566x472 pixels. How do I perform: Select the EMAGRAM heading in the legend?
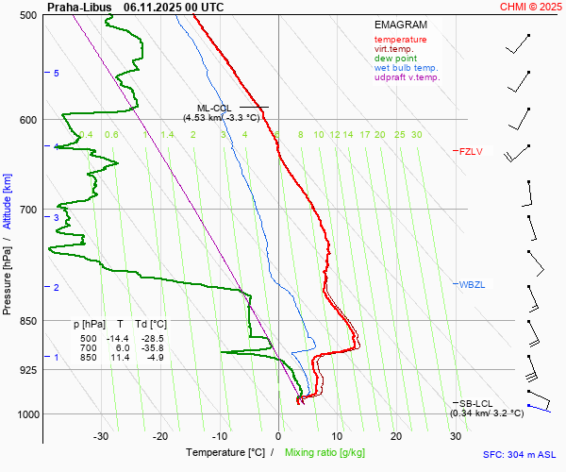pyautogui.click(x=400, y=25)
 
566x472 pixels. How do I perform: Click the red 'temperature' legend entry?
pyautogui.click(x=400, y=40)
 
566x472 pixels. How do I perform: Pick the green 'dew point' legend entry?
pyautogui.click(x=396, y=59)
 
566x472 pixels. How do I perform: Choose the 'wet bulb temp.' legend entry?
pyautogui.click(x=406, y=68)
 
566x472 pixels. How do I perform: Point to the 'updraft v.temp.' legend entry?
pyautogui.click(x=407, y=77)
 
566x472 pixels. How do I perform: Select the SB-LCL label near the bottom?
pyautogui.click(x=476, y=404)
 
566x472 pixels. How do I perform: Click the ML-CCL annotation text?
pyautogui.click(x=214, y=109)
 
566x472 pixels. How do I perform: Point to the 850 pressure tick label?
pyautogui.click(x=28, y=322)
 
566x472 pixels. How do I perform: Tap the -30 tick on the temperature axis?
pyautogui.click(x=101, y=436)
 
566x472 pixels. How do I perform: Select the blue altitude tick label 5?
pyautogui.click(x=57, y=74)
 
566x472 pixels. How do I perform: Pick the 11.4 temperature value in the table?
pyautogui.click(x=120, y=358)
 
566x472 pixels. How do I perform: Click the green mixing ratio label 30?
pyautogui.click(x=416, y=135)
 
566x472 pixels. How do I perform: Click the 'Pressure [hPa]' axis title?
pyautogui.click(x=8, y=273)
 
